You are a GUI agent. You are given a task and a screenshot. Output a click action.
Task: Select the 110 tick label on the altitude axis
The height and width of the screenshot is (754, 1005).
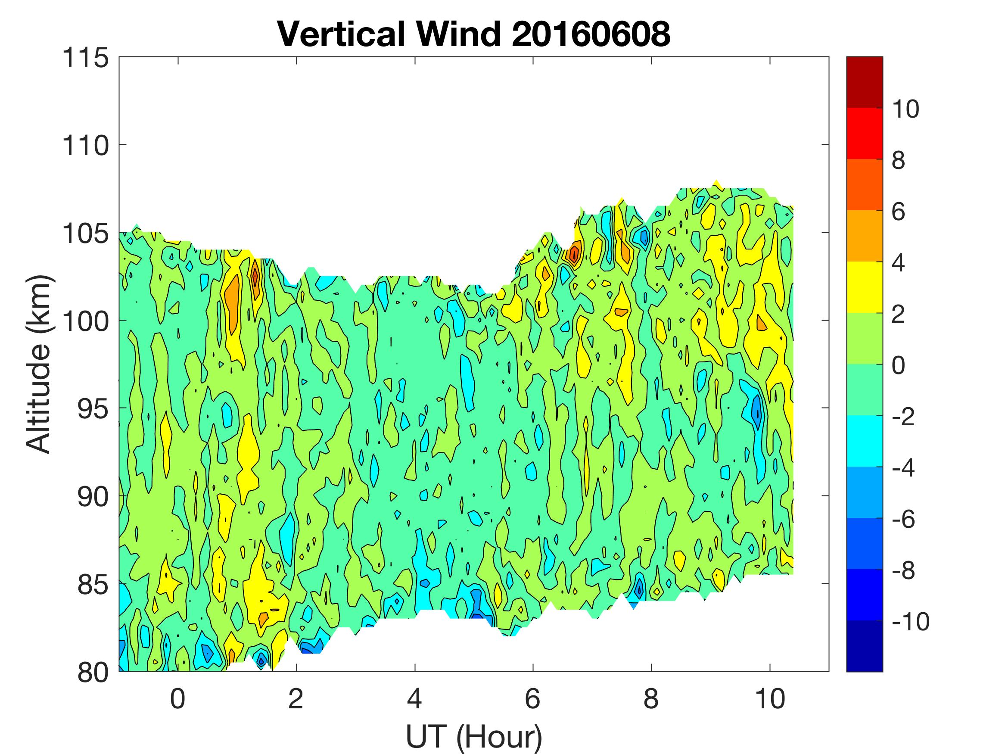[x=86, y=146]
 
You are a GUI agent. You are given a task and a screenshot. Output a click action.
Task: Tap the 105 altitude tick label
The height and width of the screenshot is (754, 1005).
[x=86, y=234]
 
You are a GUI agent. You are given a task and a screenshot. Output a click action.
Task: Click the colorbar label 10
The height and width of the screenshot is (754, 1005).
[x=905, y=109]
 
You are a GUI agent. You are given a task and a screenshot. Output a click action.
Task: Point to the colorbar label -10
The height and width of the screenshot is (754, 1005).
[x=911, y=621]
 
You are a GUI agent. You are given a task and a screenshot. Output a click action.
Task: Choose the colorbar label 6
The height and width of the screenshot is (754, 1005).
[x=899, y=212]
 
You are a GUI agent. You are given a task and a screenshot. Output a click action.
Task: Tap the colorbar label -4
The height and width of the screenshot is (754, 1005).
[x=904, y=467]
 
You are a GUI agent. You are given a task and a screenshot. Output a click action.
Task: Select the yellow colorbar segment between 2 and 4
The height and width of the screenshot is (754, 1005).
[x=865, y=287]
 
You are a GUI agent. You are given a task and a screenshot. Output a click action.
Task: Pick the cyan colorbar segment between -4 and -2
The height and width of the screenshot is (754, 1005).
[x=865, y=441]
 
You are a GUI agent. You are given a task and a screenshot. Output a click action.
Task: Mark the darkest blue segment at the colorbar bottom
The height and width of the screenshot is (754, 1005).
[x=865, y=645]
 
